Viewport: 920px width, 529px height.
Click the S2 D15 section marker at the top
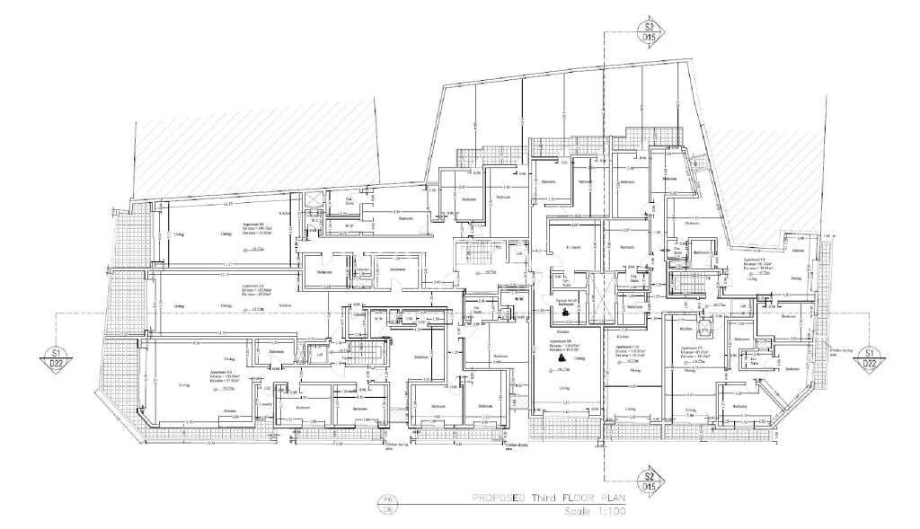647,31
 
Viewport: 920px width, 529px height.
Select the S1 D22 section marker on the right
868,357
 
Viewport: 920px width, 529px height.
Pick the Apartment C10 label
626,348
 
